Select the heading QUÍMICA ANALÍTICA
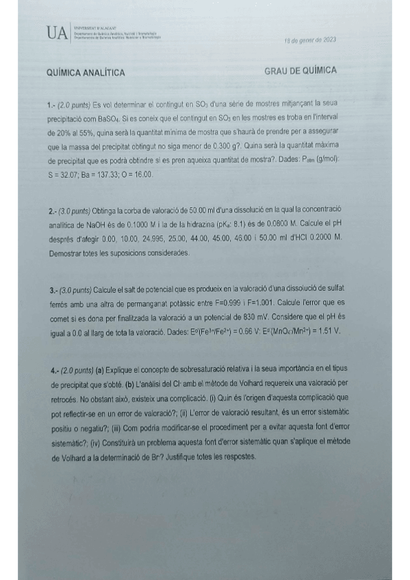[x=85, y=72]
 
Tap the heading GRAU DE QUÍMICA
[x=299, y=71]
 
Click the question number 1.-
[x=52, y=105]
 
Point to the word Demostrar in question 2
[x=68, y=254]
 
